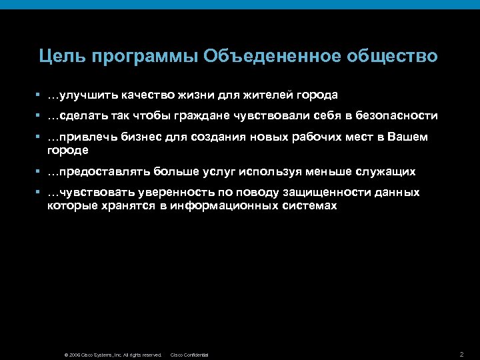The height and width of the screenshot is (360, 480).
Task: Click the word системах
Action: point(310,206)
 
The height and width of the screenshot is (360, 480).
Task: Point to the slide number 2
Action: point(461,353)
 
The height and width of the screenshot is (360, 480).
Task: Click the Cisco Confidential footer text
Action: point(190,355)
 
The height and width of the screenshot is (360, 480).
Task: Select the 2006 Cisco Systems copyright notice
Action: point(113,355)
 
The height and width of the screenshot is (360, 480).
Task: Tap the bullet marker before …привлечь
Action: point(41,137)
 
